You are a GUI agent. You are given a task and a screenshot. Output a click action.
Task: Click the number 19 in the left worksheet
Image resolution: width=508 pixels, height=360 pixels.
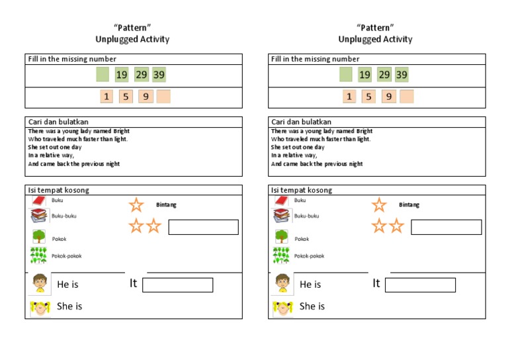pyautogui.click(x=122, y=75)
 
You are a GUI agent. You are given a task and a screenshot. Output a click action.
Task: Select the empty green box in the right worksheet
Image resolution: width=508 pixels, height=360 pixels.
pyautogui.click(x=346, y=75)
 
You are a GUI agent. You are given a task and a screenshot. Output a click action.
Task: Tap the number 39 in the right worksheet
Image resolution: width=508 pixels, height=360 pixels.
pyautogui.click(x=402, y=75)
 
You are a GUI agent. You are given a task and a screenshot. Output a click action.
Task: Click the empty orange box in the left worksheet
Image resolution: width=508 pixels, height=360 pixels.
pyautogui.click(x=163, y=97)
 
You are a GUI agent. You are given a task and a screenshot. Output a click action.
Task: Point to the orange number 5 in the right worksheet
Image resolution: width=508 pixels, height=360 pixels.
pyautogui.click(x=368, y=97)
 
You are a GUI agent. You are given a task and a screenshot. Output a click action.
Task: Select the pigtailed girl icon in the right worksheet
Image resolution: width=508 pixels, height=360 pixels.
pyautogui.click(x=282, y=307)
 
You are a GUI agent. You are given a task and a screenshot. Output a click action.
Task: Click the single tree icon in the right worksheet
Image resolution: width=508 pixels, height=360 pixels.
pyautogui.click(x=282, y=237)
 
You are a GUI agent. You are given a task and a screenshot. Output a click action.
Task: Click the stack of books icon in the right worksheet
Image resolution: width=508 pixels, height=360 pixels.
pyautogui.click(x=282, y=216)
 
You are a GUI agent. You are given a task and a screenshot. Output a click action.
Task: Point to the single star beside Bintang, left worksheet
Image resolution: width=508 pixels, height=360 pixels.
pyautogui.click(x=136, y=204)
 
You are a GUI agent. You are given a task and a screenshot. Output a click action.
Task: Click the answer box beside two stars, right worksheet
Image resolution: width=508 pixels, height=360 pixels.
pyautogui.click(x=446, y=227)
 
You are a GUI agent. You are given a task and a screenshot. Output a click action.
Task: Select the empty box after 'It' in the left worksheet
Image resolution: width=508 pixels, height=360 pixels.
pyautogui.click(x=177, y=285)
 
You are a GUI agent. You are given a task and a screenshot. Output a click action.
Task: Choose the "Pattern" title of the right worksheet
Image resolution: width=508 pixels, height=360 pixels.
pyautogui.click(x=375, y=27)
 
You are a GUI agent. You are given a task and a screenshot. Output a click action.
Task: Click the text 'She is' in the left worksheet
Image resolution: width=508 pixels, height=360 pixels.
pyautogui.click(x=69, y=306)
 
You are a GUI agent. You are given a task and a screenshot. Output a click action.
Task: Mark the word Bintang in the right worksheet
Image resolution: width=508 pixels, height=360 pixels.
pyautogui.click(x=409, y=204)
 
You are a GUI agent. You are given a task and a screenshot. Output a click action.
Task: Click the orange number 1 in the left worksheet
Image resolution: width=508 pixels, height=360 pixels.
pyautogui.click(x=106, y=97)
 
